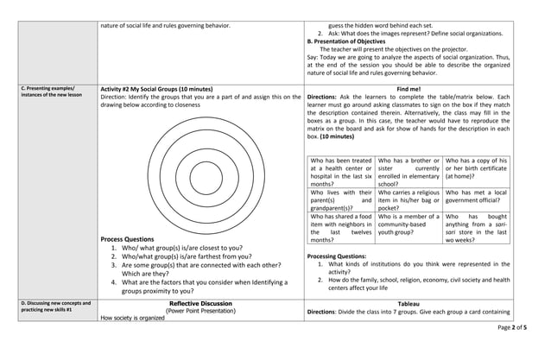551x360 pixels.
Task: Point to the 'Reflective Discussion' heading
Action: click(x=200, y=304)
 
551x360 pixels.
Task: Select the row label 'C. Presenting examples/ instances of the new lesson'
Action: click(x=50, y=92)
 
